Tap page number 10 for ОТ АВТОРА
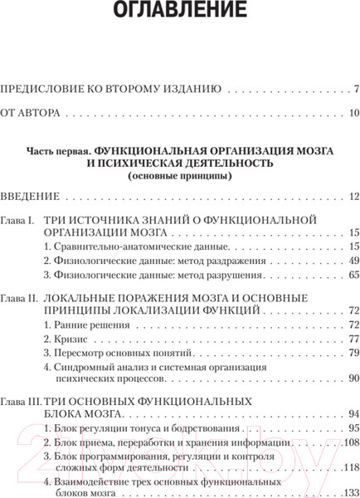point(353,113)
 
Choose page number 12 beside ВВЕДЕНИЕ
point(353,197)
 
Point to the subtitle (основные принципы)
point(179,176)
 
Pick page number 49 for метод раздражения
point(353,261)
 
